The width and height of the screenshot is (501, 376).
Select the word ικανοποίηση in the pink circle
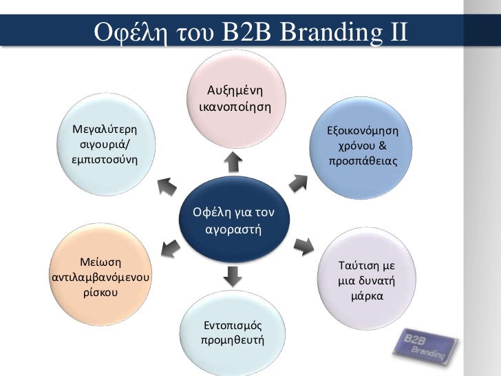(x=234, y=107)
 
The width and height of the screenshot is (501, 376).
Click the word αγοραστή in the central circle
(x=234, y=228)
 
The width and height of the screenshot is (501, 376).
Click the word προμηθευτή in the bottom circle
(x=233, y=340)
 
